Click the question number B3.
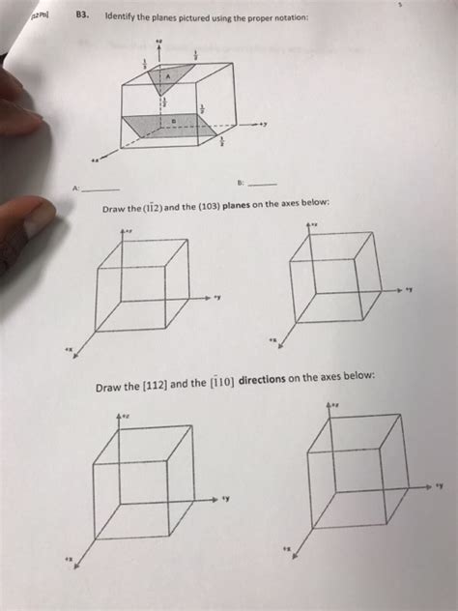point(82,16)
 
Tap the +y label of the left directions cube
point(224,501)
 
